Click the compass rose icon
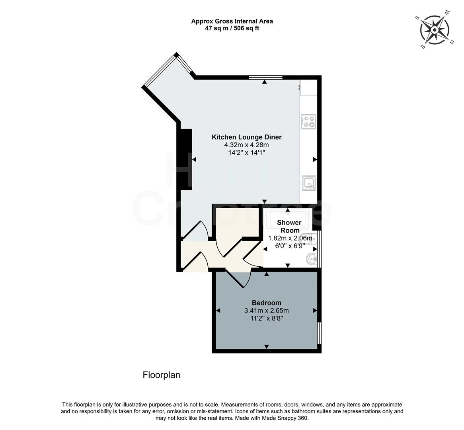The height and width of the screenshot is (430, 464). point(435,30)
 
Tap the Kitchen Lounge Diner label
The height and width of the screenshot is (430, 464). point(246,137)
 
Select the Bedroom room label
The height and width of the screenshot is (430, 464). point(266,303)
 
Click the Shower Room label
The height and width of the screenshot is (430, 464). point(289,226)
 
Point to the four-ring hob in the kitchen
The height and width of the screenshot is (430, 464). point(309,121)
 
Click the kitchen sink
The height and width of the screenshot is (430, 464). point(309,183)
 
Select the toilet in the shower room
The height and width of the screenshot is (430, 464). point(310,239)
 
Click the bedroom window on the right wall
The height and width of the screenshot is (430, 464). point(319,332)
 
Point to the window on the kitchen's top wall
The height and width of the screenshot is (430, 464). point(265,77)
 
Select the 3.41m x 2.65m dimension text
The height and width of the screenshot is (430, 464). point(266,311)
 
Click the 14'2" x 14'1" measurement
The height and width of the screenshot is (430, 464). point(246,152)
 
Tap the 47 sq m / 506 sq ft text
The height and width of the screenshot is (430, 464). point(232,28)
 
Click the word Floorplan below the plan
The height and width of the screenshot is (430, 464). point(161,375)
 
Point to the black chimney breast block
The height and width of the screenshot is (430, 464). point(186,158)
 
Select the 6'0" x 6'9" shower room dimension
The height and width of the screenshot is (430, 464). point(290,246)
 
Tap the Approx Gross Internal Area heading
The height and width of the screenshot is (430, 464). point(232,21)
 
